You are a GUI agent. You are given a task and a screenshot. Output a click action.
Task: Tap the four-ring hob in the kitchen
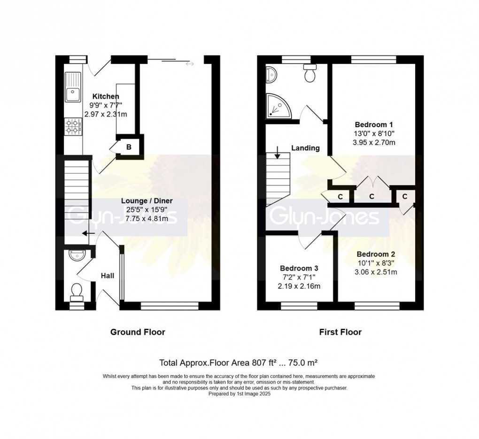(73, 126)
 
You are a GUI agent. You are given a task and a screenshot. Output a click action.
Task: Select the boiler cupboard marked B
(129, 147)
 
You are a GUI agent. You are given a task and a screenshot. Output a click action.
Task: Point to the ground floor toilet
(76, 292)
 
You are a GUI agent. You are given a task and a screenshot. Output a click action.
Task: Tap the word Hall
(108, 276)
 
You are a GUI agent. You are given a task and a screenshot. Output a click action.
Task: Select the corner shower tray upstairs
(277, 106)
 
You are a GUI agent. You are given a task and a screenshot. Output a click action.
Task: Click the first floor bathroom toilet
(310, 74)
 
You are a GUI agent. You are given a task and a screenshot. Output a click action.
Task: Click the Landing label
(305, 148)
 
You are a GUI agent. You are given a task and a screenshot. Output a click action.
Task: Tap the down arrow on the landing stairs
(278, 153)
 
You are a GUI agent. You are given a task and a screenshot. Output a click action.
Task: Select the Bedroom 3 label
(299, 268)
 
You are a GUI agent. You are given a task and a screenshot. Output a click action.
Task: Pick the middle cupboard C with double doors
(371, 196)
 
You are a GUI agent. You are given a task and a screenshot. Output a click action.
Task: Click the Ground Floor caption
(138, 332)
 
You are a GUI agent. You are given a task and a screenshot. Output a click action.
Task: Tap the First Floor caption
(340, 332)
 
